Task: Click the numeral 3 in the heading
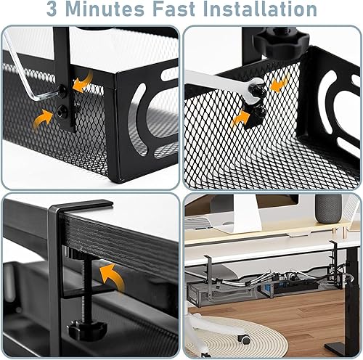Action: pos(54,10)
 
